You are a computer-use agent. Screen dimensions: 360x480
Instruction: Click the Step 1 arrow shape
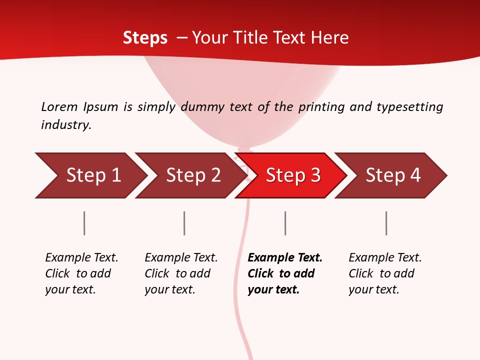pyautogui.click(x=92, y=175)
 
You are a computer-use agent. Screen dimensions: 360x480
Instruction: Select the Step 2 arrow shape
pyautogui.click(x=192, y=175)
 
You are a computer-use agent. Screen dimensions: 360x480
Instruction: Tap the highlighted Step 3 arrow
pyautogui.click(x=292, y=175)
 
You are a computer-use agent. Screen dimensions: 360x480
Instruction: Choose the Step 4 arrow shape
pyautogui.click(x=392, y=175)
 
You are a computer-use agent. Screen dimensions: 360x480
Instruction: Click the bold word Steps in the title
pyautogui.click(x=145, y=38)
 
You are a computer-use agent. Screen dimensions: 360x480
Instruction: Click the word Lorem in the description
pyautogui.click(x=59, y=106)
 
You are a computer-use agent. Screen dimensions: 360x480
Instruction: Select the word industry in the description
pyautogui.click(x=66, y=124)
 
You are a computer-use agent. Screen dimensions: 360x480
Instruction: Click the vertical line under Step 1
pyautogui.click(x=84, y=223)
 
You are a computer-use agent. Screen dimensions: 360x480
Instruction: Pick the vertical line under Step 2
pyautogui.click(x=184, y=223)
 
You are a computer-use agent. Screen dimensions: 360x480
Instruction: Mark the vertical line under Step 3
pyautogui.click(x=285, y=223)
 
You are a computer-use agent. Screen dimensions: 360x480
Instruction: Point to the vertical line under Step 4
pyautogui.click(x=386, y=223)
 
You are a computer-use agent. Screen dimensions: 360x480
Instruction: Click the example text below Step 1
pyautogui.click(x=81, y=273)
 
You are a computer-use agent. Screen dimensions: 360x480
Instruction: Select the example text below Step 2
pyautogui.click(x=181, y=273)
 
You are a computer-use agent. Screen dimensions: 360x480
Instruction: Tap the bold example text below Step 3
pyautogui.click(x=285, y=273)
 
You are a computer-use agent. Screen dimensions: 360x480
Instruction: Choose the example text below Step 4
pyautogui.click(x=385, y=273)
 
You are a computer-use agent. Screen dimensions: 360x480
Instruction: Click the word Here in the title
pyautogui.click(x=330, y=38)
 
